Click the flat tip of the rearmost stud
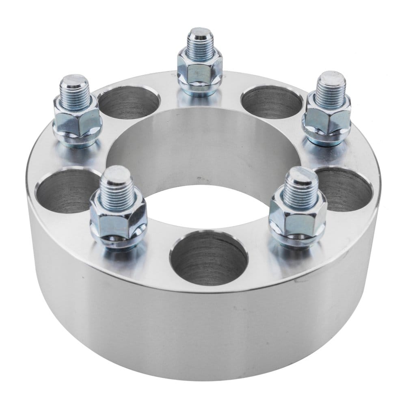[200, 32]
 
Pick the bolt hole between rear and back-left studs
[128, 101]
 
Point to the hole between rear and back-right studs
[271, 101]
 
